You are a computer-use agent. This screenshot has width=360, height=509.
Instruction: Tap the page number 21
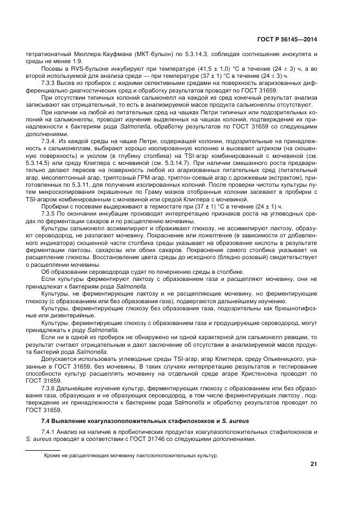tap(313, 464)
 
